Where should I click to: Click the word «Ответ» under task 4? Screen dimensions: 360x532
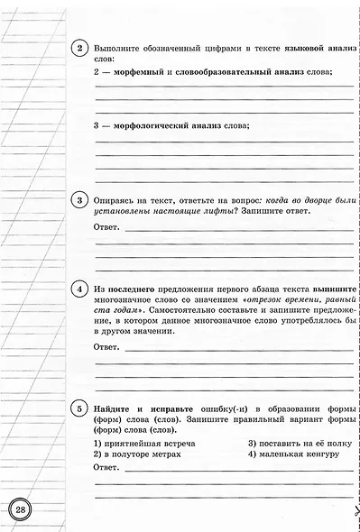[x=106, y=346]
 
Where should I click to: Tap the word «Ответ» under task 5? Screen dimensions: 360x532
[x=106, y=468]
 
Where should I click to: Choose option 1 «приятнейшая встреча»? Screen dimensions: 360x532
[x=144, y=444]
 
